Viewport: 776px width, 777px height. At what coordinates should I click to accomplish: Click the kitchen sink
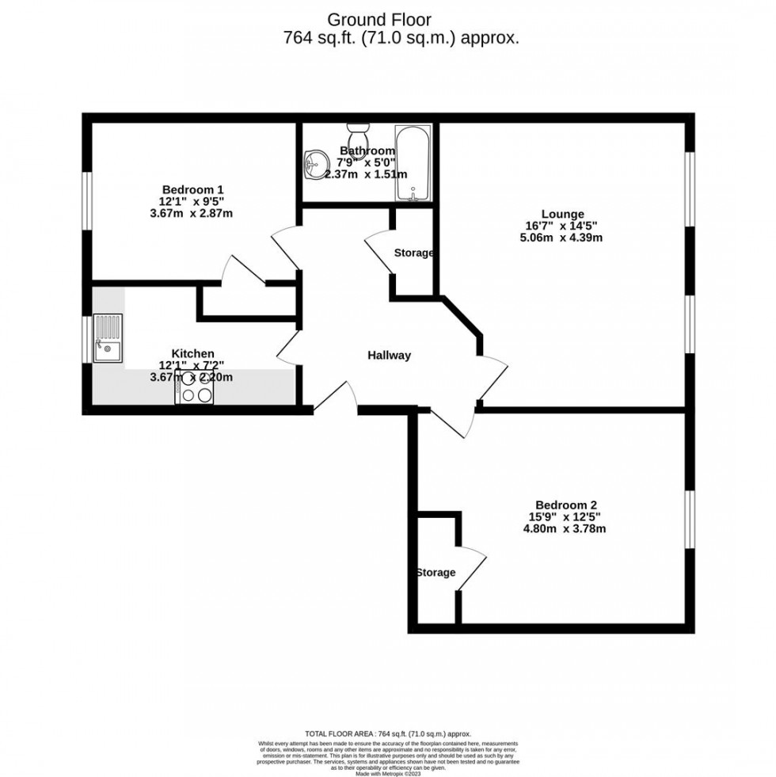(108, 338)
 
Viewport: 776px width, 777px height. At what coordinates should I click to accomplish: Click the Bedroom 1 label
(192, 189)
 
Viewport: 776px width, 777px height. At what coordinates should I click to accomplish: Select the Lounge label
(562, 213)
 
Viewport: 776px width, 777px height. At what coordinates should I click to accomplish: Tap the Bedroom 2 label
(565, 505)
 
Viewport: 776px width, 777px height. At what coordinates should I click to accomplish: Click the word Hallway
(389, 356)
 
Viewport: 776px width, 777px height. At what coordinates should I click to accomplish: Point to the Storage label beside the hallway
(414, 253)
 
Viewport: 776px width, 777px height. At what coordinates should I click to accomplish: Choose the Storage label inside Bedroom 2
(436, 573)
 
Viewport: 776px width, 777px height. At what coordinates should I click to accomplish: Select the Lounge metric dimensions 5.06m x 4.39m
(562, 238)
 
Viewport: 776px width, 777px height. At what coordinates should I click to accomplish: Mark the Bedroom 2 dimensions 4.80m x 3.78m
(565, 529)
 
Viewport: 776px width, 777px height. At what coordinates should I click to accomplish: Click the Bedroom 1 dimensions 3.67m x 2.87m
(192, 213)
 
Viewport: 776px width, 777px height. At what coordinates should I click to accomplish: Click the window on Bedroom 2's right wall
(690, 520)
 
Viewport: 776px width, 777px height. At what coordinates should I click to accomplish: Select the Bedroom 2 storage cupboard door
(470, 568)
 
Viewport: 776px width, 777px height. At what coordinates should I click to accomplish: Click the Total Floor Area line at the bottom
(388, 734)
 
